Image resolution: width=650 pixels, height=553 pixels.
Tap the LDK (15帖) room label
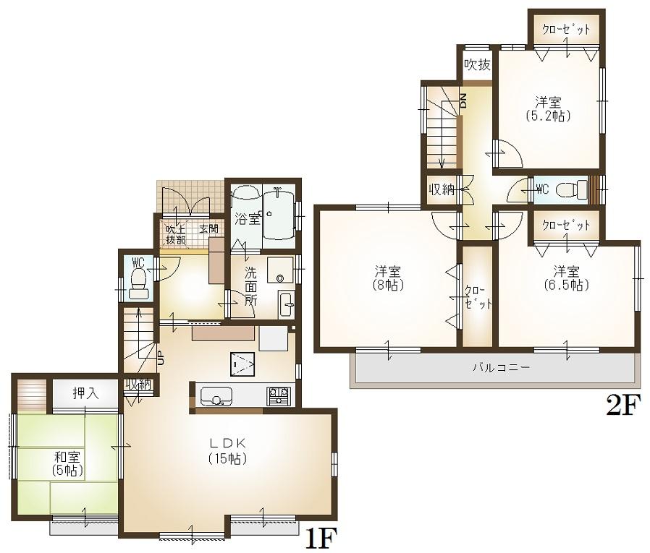click(x=229, y=450)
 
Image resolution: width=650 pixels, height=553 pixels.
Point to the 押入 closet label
click(x=85, y=393)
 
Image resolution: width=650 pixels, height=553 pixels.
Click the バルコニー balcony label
click(x=502, y=367)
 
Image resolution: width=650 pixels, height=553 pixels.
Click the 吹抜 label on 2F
click(x=478, y=65)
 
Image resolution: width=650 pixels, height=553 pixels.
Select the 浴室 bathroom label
click(x=247, y=219)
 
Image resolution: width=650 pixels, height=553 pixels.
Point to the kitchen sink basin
click(x=216, y=397)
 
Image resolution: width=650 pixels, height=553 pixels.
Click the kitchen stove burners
click(x=277, y=396)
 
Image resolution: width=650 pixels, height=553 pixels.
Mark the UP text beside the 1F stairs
click(x=161, y=357)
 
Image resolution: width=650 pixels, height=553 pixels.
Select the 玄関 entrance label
click(x=208, y=229)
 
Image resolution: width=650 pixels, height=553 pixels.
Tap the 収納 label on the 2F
click(x=442, y=190)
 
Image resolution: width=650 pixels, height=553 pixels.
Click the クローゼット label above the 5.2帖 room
click(x=567, y=29)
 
